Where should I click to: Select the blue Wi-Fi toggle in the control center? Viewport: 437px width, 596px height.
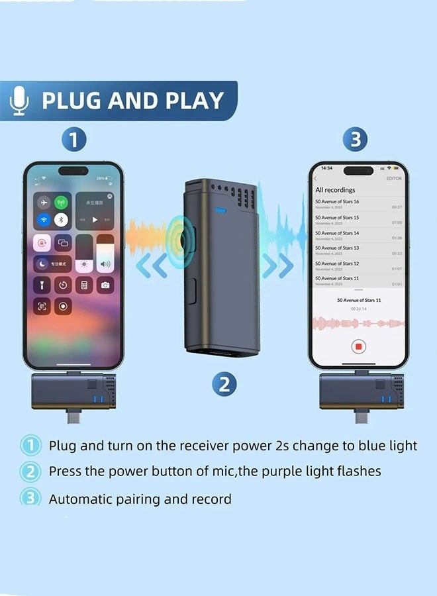click(44, 220)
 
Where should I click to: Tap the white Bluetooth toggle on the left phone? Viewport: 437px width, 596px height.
click(62, 220)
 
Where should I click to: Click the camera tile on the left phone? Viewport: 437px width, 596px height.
click(105, 285)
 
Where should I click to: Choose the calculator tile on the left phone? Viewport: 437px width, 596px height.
click(84, 285)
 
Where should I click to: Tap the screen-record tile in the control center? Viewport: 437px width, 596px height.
click(63, 306)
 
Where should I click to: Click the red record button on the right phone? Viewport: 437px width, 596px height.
click(358, 346)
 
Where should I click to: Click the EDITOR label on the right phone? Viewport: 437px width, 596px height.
click(393, 179)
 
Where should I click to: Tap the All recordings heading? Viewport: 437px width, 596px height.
click(335, 190)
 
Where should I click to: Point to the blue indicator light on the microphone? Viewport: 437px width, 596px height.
click(220, 213)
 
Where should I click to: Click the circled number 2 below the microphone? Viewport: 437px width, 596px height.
click(224, 383)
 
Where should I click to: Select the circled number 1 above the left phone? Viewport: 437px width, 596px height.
click(74, 140)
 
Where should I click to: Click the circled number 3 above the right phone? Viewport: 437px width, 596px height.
click(356, 140)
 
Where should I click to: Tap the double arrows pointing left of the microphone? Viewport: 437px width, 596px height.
click(152, 266)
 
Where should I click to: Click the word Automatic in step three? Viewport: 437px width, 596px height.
click(78, 499)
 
